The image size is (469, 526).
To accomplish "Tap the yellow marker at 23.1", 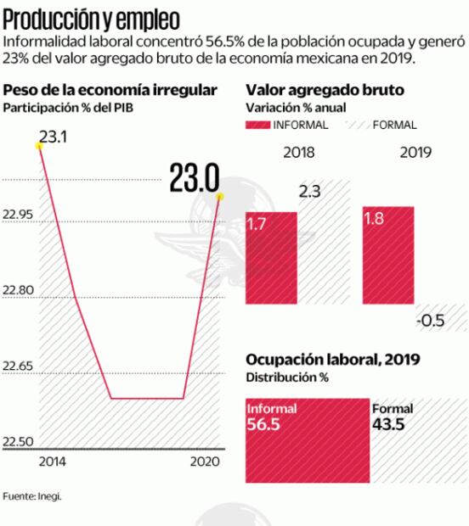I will point(38,146).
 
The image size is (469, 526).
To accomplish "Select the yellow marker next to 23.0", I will point(219,197).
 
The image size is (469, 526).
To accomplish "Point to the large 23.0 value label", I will point(194,179).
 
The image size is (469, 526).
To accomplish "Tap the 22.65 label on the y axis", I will point(19,367).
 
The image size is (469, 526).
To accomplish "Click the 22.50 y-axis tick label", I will point(19,442).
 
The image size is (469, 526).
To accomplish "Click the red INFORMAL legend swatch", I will point(258,125).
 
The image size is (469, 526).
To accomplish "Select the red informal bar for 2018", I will point(271,258).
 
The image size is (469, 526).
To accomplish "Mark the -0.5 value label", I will point(431,320).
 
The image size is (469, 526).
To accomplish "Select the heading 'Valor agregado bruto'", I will point(325,90).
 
